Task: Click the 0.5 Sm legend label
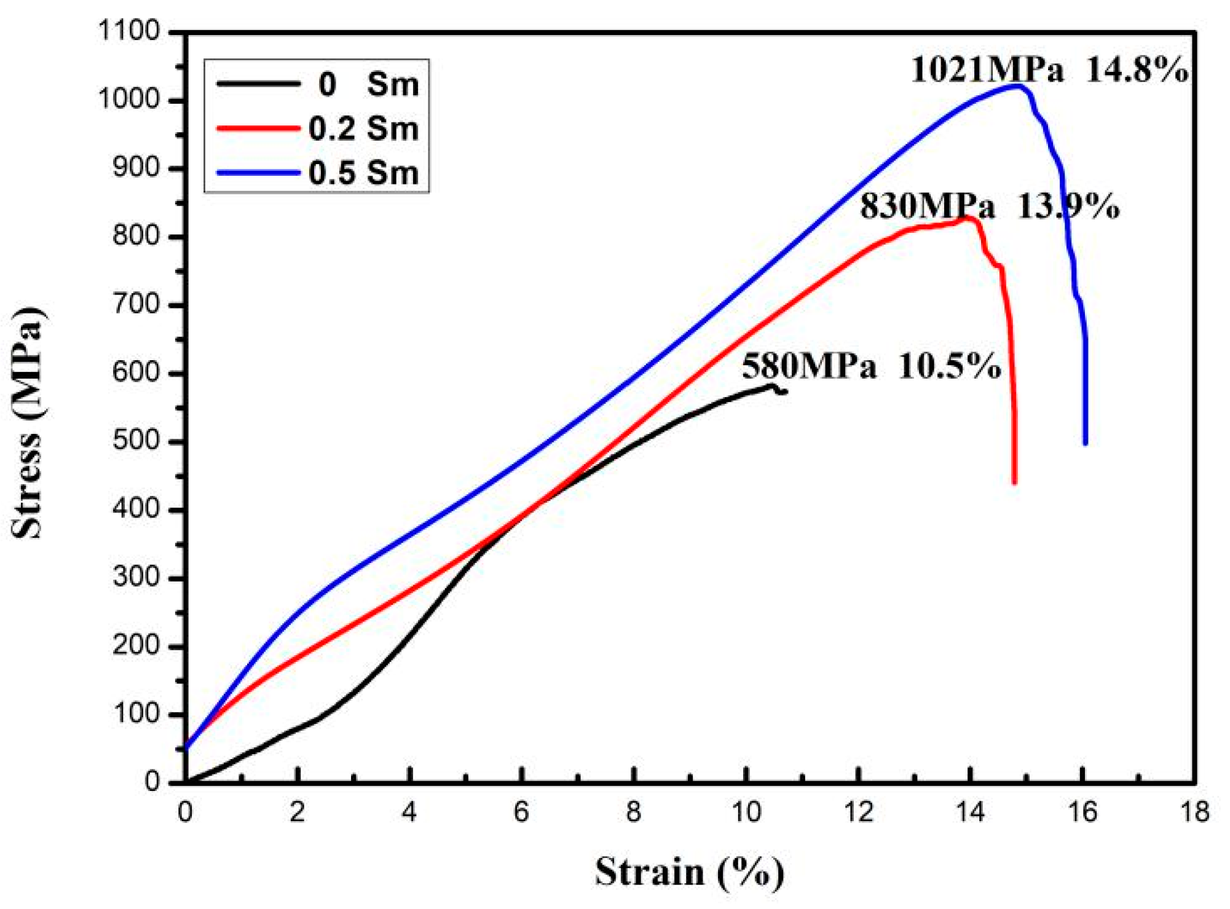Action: (x=363, y=172)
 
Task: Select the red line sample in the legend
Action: (x=258, y=128)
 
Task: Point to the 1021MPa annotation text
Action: (x=987, y=69)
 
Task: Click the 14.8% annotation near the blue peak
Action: (x=1137, y=69)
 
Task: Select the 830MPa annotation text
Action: (x=927, y=206)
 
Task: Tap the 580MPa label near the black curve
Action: (x=809, y=366)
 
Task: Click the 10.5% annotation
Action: (x=950, y=366)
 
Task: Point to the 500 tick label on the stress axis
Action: (x=135, y=441)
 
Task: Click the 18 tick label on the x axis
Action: (x=1194, y=813)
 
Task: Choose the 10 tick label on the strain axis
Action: (x=746, y=813)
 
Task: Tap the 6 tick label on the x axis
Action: (x=521, y=813)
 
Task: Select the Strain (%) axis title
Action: (x=689, y=872)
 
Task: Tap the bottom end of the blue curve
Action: (x=1086, y=443)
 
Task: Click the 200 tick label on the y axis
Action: (x=135, y=646)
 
